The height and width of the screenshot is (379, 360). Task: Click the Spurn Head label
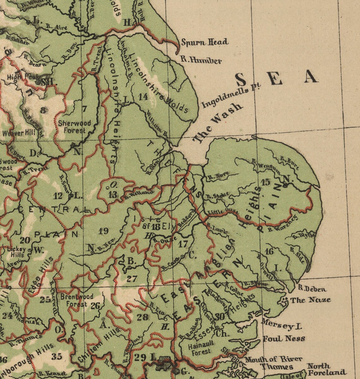click(205, 42)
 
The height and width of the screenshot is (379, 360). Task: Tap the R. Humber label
click(201, 60)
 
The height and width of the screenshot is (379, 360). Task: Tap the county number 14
click(143, 97)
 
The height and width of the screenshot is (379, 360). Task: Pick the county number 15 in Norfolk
click(266, 182)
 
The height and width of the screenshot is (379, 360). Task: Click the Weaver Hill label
click(19, 133)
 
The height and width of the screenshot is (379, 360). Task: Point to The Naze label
click(310, 300)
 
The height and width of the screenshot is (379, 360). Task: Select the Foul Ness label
click(284, 339)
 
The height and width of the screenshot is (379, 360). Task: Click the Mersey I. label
click(281, 326)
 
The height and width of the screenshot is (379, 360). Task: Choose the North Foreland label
click(326, 369)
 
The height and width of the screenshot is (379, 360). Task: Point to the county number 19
click(103, 231)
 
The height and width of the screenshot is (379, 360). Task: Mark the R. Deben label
click(312, 288)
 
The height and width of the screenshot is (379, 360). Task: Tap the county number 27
click(132, 278)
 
